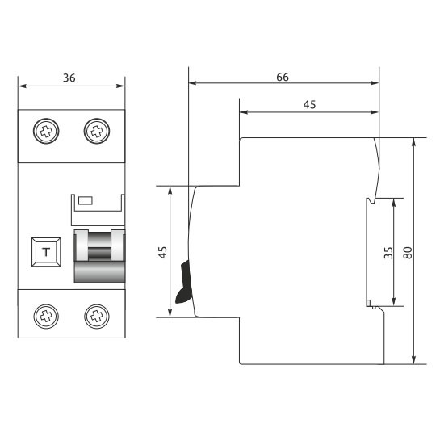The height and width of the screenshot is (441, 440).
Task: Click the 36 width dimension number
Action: [69, 78]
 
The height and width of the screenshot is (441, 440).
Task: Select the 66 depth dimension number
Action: [283, 77]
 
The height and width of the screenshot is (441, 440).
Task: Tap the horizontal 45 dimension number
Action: [309, 104]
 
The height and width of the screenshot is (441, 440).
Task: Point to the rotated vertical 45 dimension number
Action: [162, 252]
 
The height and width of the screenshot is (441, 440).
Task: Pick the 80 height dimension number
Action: [408, 252]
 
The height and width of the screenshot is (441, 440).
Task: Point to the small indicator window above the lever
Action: [85, 199]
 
